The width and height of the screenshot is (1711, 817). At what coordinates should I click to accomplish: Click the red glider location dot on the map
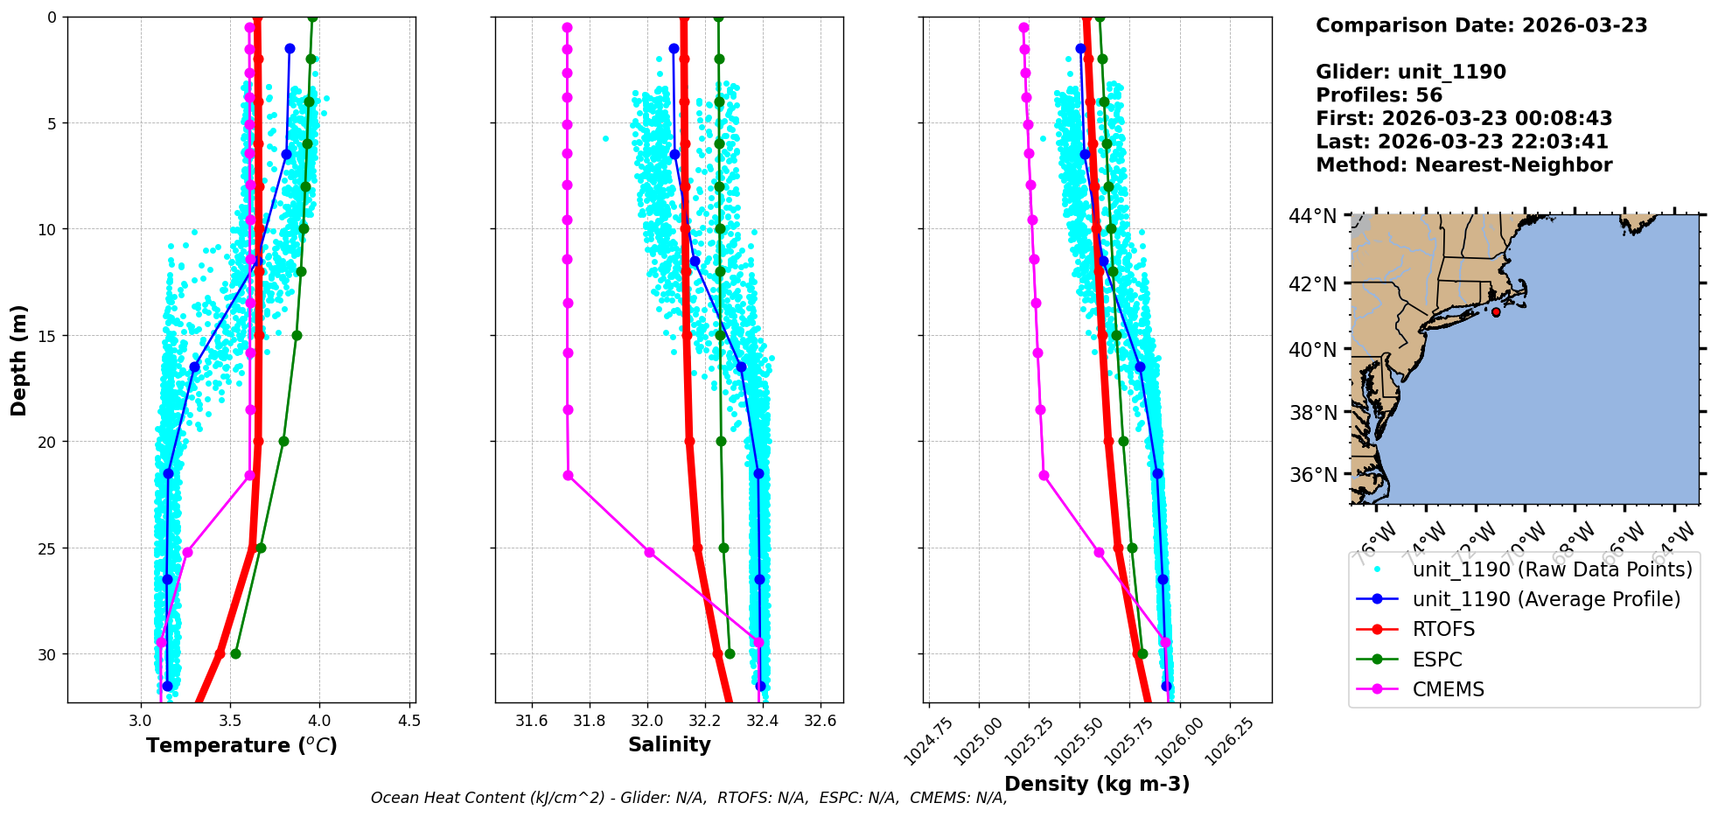(1496, 312)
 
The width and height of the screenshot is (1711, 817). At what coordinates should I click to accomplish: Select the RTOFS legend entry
(1442, 630)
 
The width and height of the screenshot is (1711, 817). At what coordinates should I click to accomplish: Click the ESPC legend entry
(1436, 660)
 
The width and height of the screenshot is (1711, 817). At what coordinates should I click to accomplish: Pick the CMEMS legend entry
(1448, 689)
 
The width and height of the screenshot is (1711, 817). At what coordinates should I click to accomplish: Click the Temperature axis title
(241, 745)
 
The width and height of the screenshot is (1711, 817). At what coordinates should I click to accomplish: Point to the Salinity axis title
(669, 744)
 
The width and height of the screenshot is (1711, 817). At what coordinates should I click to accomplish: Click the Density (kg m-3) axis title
(1097, 784)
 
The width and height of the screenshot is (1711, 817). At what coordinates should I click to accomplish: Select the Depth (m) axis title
(19, 360)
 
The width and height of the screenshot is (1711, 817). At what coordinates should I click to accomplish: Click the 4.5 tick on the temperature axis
(409, 722)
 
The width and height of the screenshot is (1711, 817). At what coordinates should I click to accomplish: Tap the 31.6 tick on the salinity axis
(531, 722)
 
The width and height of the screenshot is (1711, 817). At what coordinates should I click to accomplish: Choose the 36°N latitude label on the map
(1313, 475)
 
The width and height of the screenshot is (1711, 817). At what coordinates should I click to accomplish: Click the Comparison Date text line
(1481, 25)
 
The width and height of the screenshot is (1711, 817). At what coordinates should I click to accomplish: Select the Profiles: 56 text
(1379, 95)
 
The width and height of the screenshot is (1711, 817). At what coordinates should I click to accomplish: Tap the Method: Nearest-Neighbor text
(1463, 165)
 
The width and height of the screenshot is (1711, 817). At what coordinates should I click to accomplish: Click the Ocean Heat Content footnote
(688, 798)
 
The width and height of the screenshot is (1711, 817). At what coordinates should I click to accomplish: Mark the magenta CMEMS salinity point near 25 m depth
(649, 552)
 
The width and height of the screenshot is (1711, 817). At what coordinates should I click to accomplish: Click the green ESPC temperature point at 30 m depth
(235, 653)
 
